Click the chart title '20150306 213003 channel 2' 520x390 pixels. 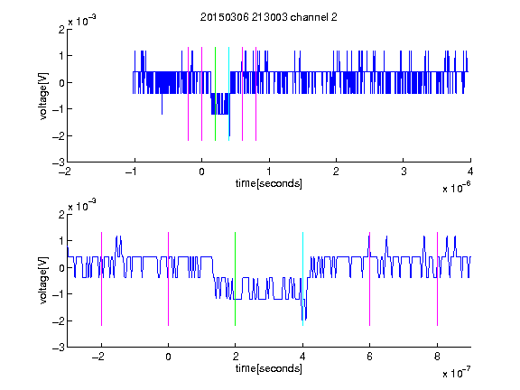(x=269, y=17)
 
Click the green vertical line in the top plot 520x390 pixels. (x=215, y=94)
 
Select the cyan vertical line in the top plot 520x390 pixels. (x=228, y=94)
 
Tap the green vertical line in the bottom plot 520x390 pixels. (x=235, y=279)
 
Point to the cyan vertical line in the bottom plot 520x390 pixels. (x=302, y=279)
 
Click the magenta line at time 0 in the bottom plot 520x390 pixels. (x=168, y=279)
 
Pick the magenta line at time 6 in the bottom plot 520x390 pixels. (x=370, y=279)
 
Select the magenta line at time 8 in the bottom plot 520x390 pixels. (x=437, y=279)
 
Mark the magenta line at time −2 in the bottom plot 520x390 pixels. (x=101, y=279)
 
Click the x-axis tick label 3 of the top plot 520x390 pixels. (x=404, y=172)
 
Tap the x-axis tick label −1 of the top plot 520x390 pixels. (x=131, y=172)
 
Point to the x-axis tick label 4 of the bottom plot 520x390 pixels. (x=302, y=357)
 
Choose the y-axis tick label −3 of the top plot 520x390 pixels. (x=59, y=162)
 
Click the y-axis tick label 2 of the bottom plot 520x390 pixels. (x=61, y=214)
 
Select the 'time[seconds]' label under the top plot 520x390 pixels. (x=269, y=183)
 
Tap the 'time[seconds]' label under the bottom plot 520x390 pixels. (x=269, y=368)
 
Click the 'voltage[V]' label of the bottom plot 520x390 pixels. (x=43, y=281)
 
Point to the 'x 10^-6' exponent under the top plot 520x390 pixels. (x=456, y=188)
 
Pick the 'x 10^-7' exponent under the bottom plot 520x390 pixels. (x=456, y=373)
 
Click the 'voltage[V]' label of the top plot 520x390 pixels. (x=43, y=96)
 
